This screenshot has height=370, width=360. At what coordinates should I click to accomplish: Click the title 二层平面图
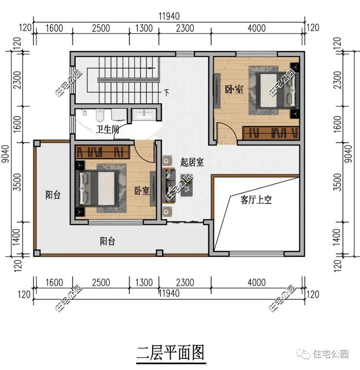click(170, 353)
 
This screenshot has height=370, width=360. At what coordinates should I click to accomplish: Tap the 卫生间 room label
click(107, 129)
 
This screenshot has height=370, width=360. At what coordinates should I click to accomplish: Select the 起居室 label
click(192, 162)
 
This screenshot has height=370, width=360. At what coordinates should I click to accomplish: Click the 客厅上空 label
click(256, 200)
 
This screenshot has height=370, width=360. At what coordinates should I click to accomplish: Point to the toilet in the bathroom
click(100, 115)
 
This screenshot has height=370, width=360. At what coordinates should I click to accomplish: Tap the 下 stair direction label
click(167, 92)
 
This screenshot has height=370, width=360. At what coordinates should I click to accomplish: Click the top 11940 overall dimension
click(169, 16)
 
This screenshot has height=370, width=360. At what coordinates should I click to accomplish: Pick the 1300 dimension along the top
click(144, 28)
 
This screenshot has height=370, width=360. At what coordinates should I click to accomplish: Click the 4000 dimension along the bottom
click(257, 283)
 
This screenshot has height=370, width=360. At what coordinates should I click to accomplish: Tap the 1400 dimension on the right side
click(338, 237)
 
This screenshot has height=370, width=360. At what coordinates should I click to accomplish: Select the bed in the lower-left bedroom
click(97, 188)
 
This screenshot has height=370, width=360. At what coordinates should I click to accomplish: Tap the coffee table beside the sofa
click(187, 186)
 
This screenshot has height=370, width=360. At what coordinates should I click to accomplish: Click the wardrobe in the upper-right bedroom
click(271, 133)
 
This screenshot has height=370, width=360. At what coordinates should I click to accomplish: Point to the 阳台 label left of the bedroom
click(53, 195)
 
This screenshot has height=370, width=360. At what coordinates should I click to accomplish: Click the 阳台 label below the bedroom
click(107, 242)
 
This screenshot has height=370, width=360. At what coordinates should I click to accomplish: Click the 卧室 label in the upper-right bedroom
click(234, 89)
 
